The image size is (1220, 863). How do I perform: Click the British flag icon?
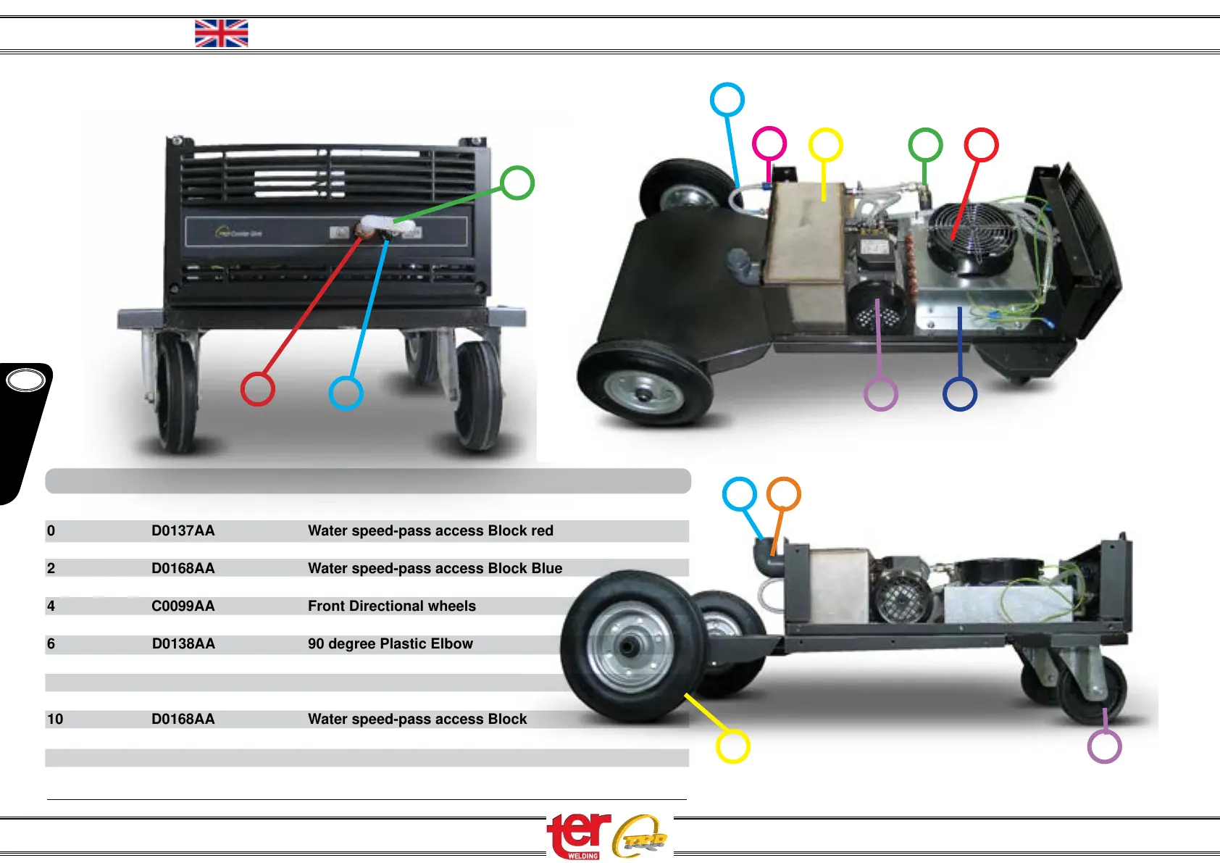tap(221, 33)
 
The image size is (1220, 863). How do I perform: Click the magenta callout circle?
tap(769, 143)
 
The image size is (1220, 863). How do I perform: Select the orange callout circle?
tap(783, 494)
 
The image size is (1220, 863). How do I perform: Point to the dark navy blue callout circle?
tap(959, 393)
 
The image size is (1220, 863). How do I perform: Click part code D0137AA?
tap(183, 530)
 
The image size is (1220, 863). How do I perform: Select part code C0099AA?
tap(183, 606)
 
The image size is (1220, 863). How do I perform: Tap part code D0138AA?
tap(183, 643)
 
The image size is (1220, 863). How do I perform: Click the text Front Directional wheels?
tap(391, 606)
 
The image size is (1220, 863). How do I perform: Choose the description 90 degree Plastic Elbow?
tap(390, 643)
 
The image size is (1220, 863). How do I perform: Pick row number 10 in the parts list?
tap(55, 719)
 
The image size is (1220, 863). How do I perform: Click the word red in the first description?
tap(541, 530)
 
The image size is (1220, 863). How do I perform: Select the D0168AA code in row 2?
tap(183, 568)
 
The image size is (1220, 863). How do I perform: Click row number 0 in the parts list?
tap(51, 530)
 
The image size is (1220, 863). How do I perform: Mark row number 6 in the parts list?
tap(51, 643)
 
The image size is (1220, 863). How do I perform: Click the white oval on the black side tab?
tap(25, 380)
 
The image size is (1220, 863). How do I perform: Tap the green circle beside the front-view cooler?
tap(517, 183)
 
